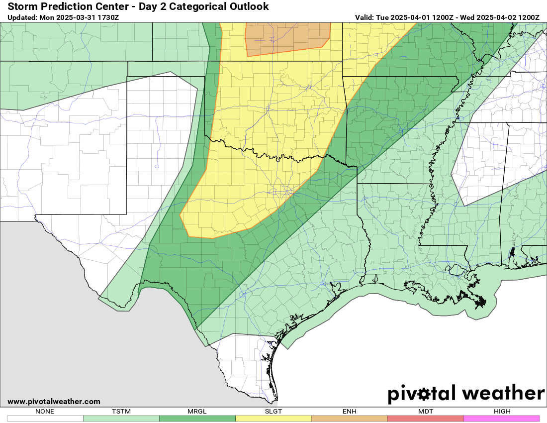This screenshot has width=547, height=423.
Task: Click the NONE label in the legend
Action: (x=45, y=412)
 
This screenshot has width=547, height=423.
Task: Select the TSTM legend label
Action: (x=121, y=412)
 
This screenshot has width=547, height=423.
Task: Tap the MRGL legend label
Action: (x=197, y=412)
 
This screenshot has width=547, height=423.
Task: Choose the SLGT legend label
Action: (x=273, y=412)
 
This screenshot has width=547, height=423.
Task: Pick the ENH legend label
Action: (x=349, y=412)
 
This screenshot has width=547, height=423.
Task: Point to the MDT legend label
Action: (x=425, y=412)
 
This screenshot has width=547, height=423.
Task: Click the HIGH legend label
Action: (x=501, y=412)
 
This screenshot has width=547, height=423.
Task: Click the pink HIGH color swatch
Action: (x=501, y=419)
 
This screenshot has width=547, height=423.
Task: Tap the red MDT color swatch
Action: (x=425, y=419)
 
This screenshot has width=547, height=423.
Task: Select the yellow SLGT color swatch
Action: (x=273, y=419)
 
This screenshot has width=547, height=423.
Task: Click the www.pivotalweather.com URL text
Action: (x=54, y=402)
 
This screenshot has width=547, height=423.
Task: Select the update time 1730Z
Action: (x=108, y=17)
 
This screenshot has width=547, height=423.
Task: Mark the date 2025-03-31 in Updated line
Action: (x=76, y=17)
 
